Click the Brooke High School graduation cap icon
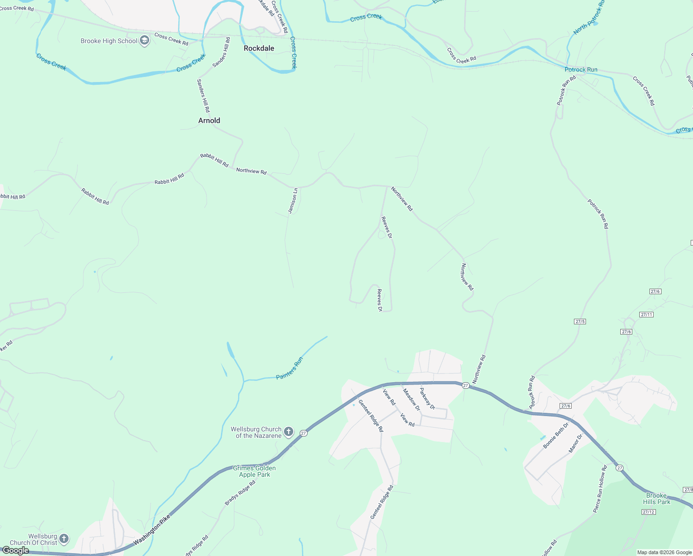click(x=145, y=41)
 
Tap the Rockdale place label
click(x=259, y=48)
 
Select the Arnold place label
click(x=209, y=120)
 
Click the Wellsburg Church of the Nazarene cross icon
click(x=288, y=432)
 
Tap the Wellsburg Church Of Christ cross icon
click(x=64, y=539)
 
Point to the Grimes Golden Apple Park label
click(x=254, y=471)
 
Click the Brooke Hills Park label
click(x=656, y=499)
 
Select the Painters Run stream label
click(x=290, y=368)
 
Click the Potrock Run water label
click(x=581, y=69)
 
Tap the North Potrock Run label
click(x=589, y=18)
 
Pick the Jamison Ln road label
click(x=293, y=201)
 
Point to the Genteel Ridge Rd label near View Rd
click(x=371, y=416)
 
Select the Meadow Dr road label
click(x=411, y=399)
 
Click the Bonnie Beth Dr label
click(x=556, y=435)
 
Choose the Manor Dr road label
click(x=575, y=443)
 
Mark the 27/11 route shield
click(x=646, y=315)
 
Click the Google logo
click(x=15, y=550)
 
